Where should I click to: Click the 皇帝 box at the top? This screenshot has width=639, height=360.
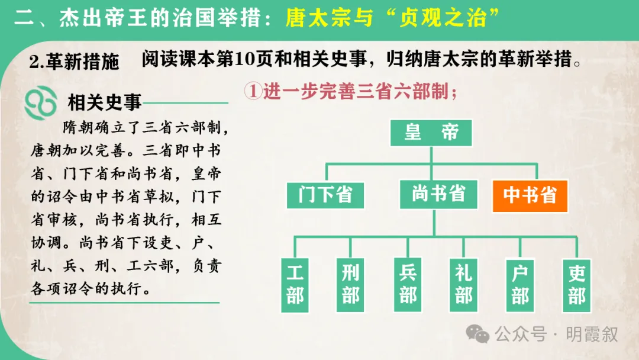(431, 133)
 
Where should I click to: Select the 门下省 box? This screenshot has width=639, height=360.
(325, 195)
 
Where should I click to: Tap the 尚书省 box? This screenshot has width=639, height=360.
(438, 194)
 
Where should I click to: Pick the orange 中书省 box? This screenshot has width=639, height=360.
(530, 195)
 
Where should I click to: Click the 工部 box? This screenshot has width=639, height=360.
(294, 284)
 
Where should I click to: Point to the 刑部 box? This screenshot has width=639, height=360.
(350, 284)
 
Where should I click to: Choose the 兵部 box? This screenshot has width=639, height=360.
(408, 284)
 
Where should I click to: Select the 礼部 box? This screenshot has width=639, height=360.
(463, 284)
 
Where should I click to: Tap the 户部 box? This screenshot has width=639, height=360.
(519, 284)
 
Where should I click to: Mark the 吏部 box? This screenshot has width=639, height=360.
(576, 284)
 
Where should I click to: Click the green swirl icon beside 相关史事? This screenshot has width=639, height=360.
(40, 103)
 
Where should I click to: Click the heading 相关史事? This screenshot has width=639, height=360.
(104, 103)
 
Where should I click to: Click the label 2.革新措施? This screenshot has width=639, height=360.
(74, 61)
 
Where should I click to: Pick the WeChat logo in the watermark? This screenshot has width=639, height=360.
(477, 334)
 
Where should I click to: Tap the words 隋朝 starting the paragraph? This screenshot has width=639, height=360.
(77, 128)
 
